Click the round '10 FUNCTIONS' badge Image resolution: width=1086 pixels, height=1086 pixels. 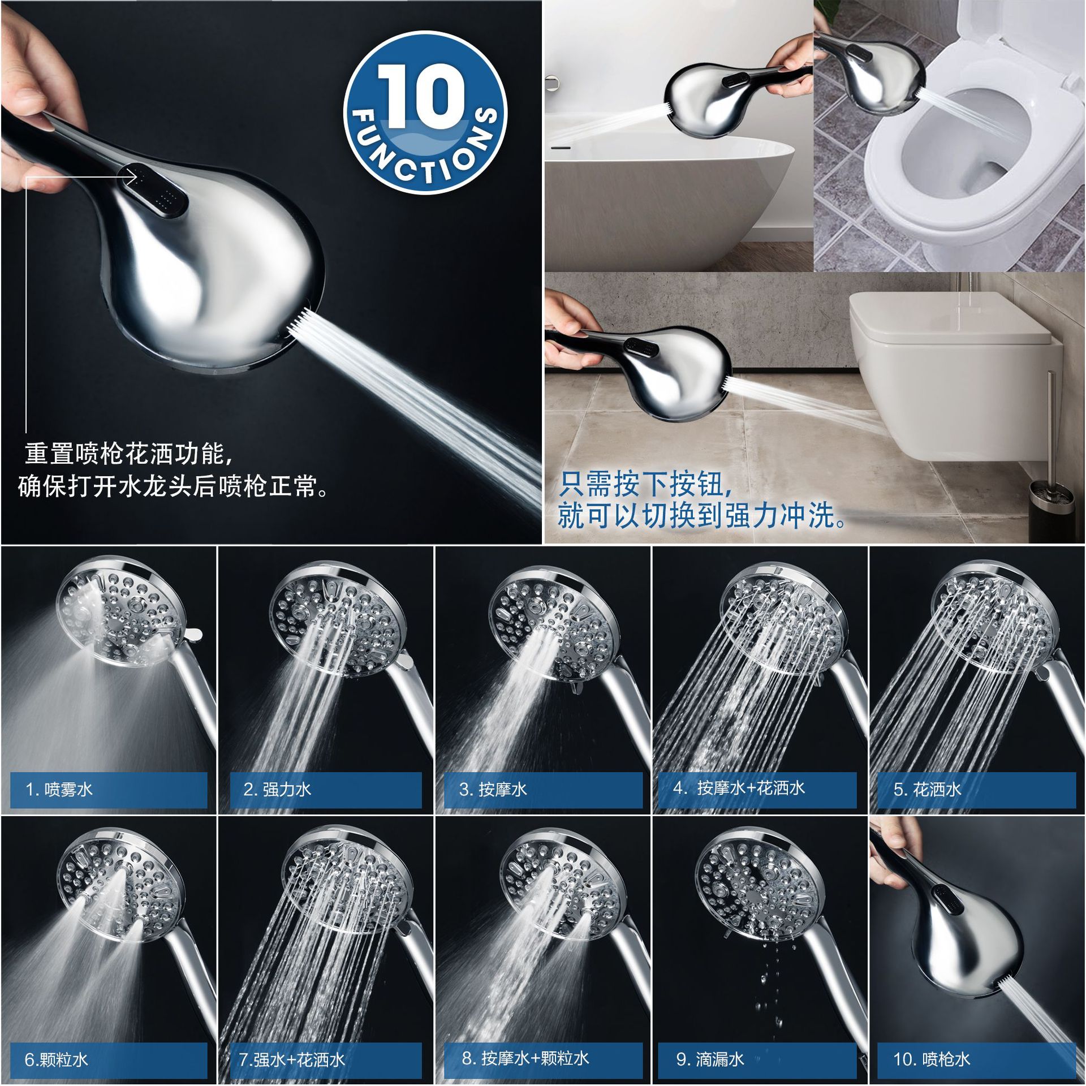coord(425,113)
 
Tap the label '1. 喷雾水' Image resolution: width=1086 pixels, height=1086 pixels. coord(59,789)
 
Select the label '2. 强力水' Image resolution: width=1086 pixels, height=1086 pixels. coord(277,789)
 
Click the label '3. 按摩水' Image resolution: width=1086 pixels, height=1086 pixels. coord(493,789)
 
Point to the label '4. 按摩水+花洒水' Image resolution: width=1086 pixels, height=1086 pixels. coord(739,788)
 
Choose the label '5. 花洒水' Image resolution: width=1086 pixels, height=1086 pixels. coord(927,789)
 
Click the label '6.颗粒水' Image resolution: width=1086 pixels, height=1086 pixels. coord(57,1059)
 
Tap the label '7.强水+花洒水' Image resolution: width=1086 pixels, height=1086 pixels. coord(291,1059)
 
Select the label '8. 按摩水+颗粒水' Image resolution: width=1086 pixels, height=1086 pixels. coord(525,1058)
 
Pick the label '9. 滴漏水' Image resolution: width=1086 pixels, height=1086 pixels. coord(710,1059)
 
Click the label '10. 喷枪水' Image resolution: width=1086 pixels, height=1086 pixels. coord(932,1059)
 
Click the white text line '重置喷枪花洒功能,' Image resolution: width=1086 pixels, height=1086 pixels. coord(129,454)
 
